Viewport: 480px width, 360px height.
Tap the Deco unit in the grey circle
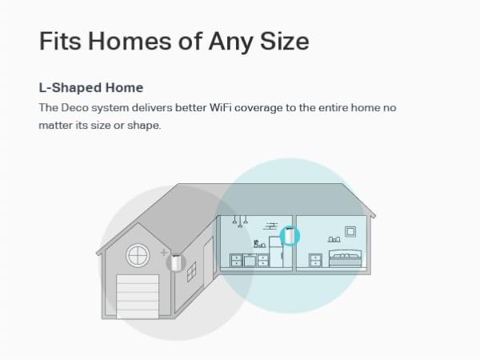pos(176,261)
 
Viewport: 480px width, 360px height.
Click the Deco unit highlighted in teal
pos(291,235)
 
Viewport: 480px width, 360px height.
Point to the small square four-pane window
pos(192,274)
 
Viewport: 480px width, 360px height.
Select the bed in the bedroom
pos(345,258)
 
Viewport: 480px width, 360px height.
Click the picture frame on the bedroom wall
pos(350,231)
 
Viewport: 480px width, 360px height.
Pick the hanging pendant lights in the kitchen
pos(241,220)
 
